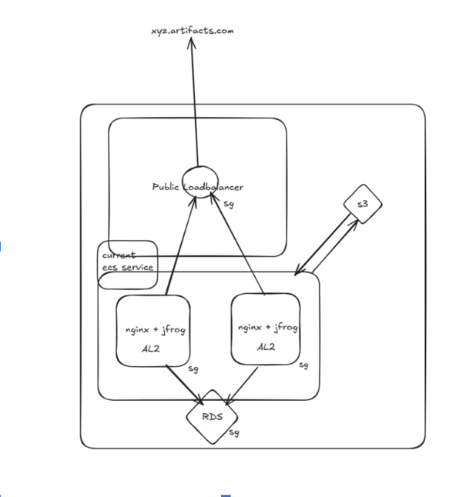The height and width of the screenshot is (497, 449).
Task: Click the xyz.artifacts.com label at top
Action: pyautogui.click(x=192, y=30)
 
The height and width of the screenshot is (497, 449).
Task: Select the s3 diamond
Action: pyautogui.click(x=362, y=203)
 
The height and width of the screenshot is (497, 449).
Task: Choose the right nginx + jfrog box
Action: pyautogui.click(x=266, y=329)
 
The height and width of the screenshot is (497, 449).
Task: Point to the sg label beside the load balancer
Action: pyautogui.click(x=229, y=204)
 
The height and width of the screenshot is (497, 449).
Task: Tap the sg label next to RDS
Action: pyautogui.click(x=233, y=433)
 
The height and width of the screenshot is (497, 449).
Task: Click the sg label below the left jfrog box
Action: pyautogui.click(x=193, y=369)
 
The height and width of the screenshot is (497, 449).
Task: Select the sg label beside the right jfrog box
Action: pyautogui.click(x=303, y=365)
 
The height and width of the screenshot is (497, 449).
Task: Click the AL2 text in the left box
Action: pyautogui.click(x=151, y=348)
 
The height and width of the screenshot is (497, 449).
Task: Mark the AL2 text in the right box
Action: pyautogui.click(x=266, y=346)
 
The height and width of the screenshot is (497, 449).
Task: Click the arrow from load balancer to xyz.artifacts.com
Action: pyautogui.click(x=194, y=100)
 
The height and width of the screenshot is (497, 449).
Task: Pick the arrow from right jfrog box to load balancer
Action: pyautogui.click(x=239, y=246)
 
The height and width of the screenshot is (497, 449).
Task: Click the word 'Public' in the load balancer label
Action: pyautogui.click(x=166, y=187)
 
